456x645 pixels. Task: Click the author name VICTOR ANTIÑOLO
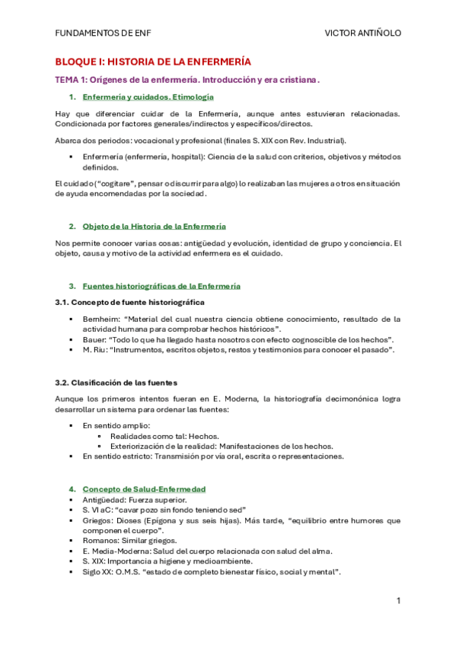click(362, 33)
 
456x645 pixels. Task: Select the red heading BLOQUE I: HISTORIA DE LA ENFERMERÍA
click(153, 62)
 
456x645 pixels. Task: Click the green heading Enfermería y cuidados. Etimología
click(148, 97)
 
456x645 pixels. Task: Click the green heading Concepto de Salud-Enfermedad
click(144, 488)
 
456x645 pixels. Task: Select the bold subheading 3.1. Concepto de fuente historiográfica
click(129, 302)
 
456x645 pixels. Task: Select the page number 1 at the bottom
click(398, 601)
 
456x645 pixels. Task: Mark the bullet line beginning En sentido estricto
click(213, 456)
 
